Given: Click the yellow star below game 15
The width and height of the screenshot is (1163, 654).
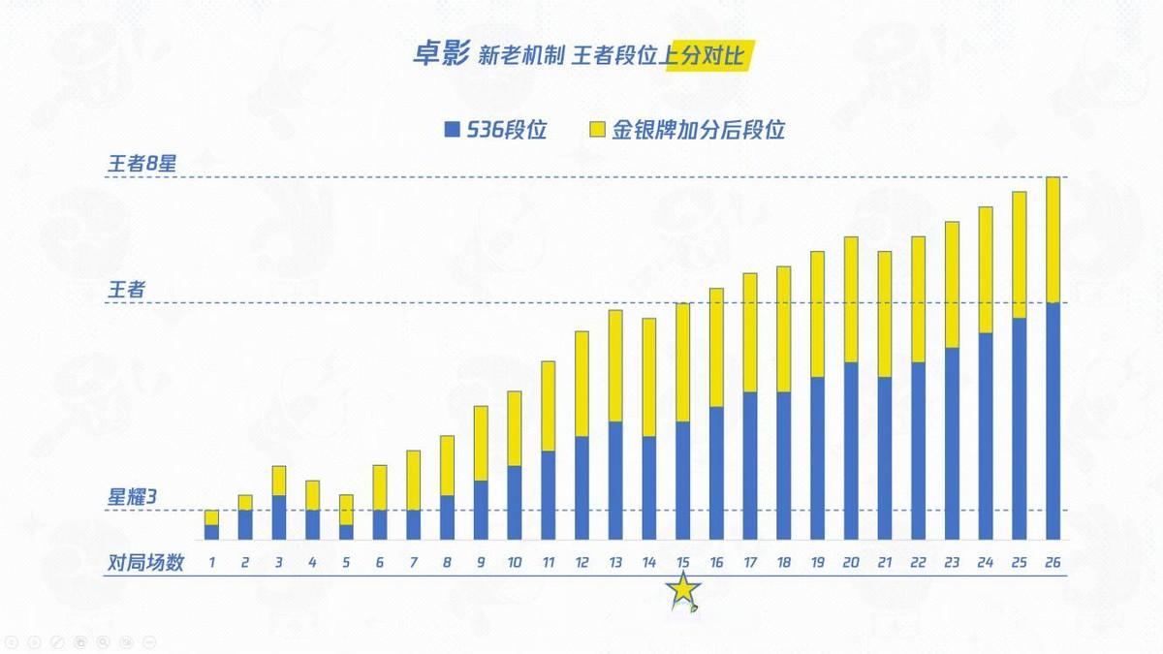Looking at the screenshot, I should [683, 591].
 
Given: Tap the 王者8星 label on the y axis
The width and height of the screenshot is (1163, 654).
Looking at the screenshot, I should [141, 164].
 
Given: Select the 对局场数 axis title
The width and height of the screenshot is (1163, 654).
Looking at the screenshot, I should [145, 563].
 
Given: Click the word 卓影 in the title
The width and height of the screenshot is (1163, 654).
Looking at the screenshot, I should [441, 55].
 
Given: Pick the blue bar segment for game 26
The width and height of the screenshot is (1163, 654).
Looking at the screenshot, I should [1053, 421].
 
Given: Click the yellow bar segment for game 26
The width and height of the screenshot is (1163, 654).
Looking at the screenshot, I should [1053, 240].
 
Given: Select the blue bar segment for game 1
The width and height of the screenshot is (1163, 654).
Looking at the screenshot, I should [211, 532].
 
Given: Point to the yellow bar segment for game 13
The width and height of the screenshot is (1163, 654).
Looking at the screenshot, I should [615, 366].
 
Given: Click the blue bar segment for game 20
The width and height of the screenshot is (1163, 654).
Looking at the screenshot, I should [851, 451].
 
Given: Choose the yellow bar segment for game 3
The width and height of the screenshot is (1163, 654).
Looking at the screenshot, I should [279, 481].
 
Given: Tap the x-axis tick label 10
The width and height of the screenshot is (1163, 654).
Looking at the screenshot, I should [514, 563].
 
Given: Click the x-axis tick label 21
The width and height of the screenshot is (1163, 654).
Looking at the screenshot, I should [884, 563].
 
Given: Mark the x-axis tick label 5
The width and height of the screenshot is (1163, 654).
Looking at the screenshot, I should [346, 563].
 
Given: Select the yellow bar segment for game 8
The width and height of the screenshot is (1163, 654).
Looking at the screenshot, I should [447, 465].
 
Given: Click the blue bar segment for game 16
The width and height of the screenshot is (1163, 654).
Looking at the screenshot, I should [716, 473].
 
